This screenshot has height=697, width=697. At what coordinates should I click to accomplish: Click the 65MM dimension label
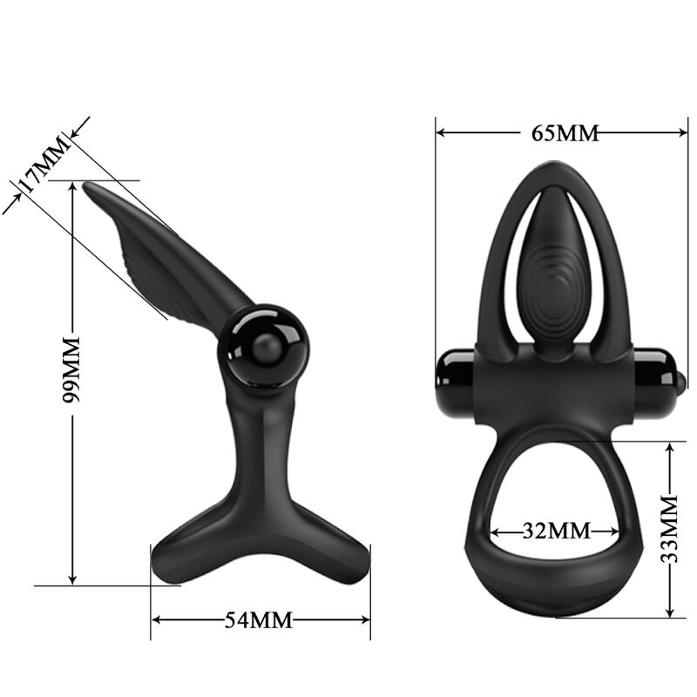pyautogui.click(x=565, y=133)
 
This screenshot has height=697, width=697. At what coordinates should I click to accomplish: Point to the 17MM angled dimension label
pyautogui.click(x=42, y=165)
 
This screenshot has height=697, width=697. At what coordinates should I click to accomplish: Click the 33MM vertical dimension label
pyautogui.click(x=669, y=529)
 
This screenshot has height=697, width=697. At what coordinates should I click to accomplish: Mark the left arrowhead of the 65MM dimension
pyautogui.click(x=441, y=133)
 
